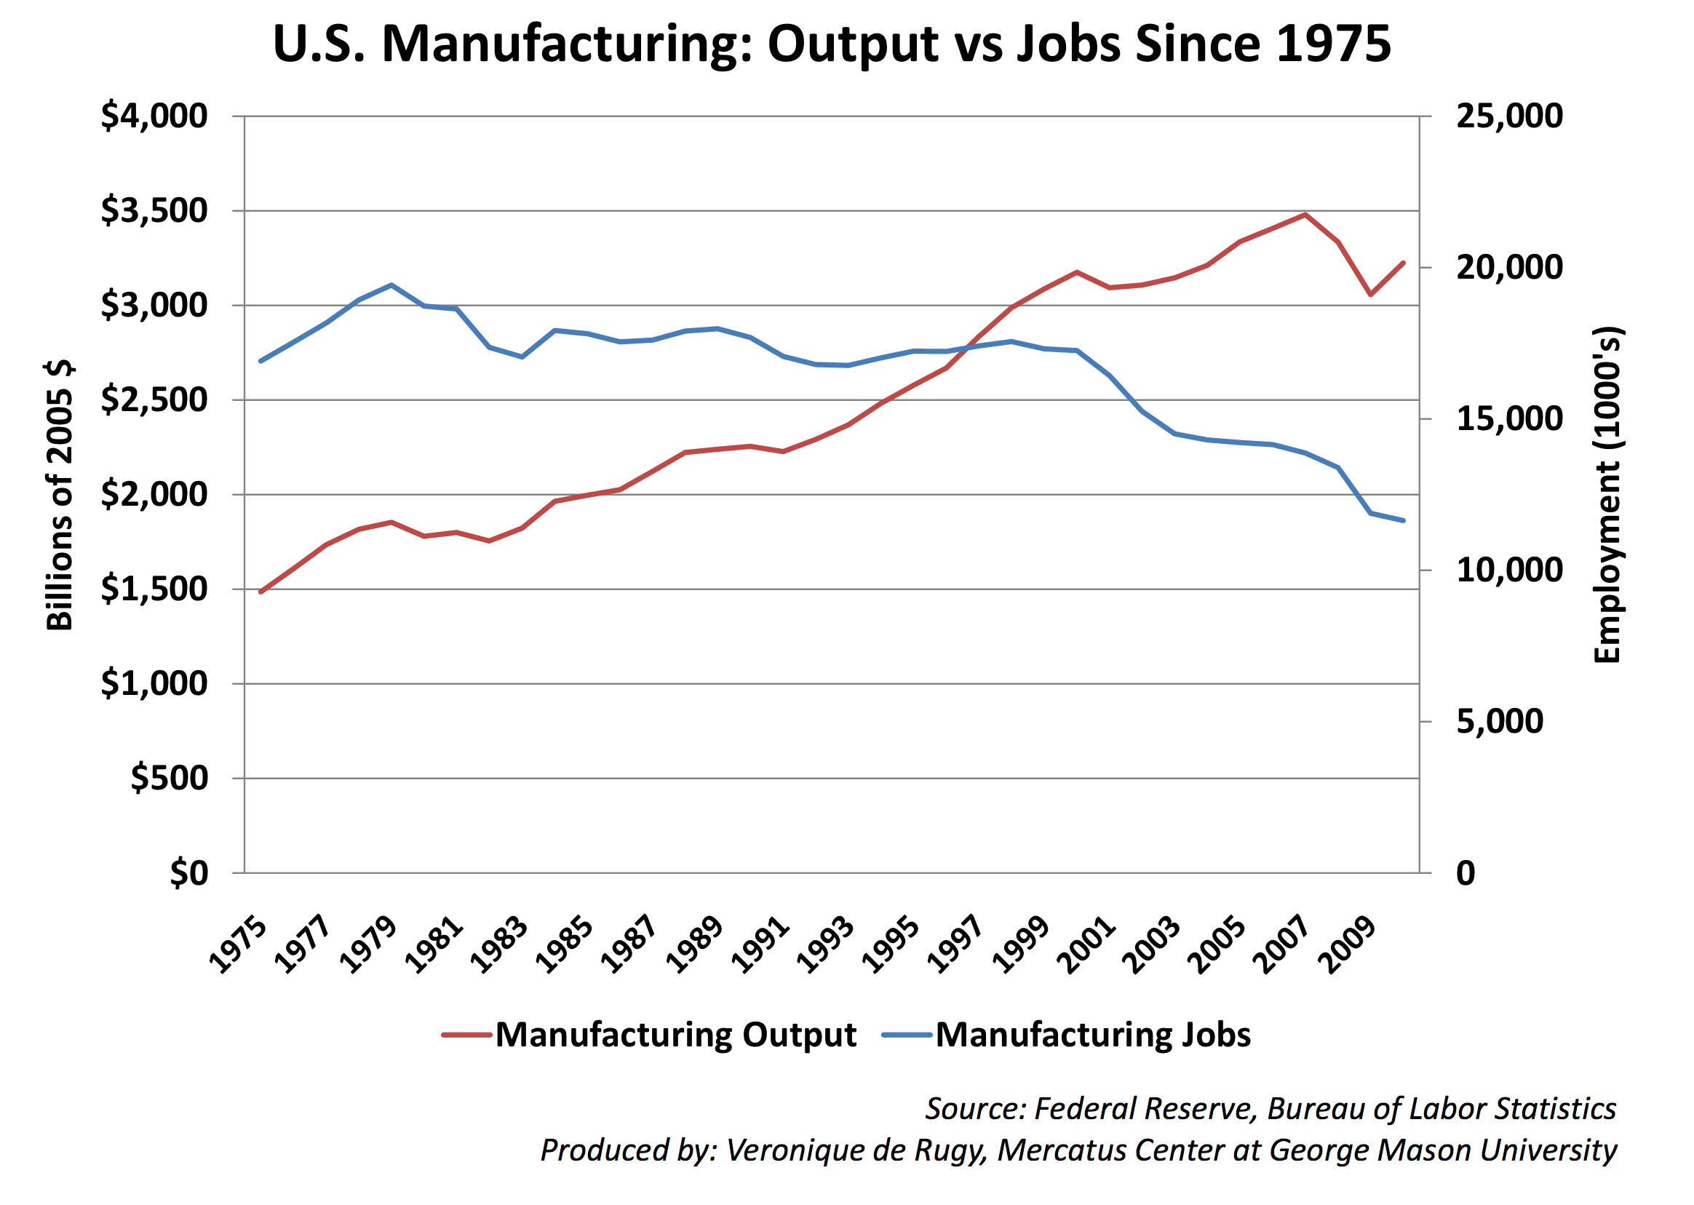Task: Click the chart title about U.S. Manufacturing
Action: (x=831, y=44)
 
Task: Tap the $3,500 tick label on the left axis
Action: (x=154, y=212)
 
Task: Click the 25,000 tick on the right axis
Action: (x=1508, y=116)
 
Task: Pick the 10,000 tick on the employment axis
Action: (x=1508, y=570)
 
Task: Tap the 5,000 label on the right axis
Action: (x=1499, y=722)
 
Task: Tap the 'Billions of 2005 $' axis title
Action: (x=60, y=496)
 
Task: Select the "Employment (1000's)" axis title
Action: (x=1607, y=496)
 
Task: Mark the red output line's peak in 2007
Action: (x=1305, y=215)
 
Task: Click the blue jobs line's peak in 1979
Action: (x=391, y=285)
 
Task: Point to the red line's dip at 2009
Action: (x=1370, y=295)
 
